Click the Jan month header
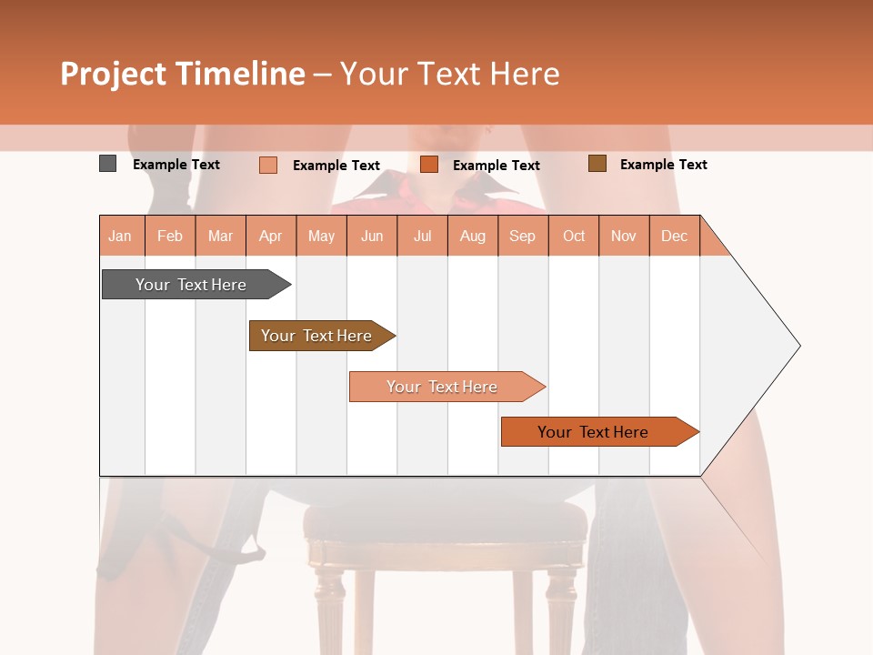coord(120,236)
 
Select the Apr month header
coord(270,236)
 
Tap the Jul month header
coord(422,236)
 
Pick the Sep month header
coord(522,236)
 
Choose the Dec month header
coord(674,236)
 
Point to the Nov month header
coord(623,236)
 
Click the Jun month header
coord(372,236)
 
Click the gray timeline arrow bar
coord(192,285)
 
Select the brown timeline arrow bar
coord(317,336)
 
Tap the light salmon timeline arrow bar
coord(443,387)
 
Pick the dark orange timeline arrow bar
coord(594,432)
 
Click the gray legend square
coord(107,164)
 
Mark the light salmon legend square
coord(267,165)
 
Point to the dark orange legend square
coord(429,165)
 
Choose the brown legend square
coord(597,164)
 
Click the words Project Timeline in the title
coord(182,74)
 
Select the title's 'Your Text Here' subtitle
coord(449,74)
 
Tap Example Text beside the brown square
coord(663,165)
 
